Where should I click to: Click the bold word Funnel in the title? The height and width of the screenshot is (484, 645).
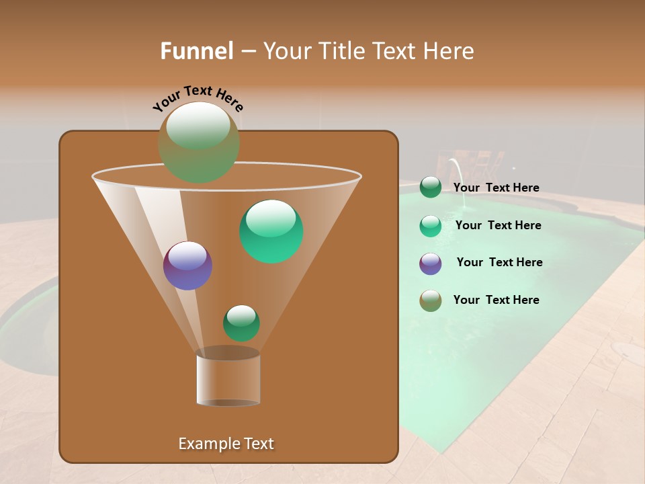[197, 51]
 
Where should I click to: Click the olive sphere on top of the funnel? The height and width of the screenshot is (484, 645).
[198, 143]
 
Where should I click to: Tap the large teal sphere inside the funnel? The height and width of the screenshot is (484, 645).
[271, 231]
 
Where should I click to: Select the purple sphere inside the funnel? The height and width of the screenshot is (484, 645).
[187, 266]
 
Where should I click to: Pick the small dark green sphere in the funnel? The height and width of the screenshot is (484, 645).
[241, 323]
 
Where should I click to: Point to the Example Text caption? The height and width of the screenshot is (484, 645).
[226, 444]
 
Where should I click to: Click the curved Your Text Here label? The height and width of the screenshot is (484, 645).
[198, 97]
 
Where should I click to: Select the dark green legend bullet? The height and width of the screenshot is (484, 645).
[431, 188]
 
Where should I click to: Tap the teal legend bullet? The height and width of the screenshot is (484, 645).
[431, 226]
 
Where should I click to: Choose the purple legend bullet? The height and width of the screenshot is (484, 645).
[431, 264]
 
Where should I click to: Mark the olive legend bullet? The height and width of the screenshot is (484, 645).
[431, 300]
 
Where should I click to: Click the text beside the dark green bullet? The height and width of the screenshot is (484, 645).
[496, 188]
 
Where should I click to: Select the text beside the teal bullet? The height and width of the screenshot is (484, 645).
[498, 225]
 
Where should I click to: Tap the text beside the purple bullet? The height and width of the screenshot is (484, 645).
[499, 262]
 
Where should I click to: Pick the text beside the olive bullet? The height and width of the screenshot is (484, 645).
[496, 300]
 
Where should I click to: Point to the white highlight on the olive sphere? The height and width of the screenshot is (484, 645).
[198, 126]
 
